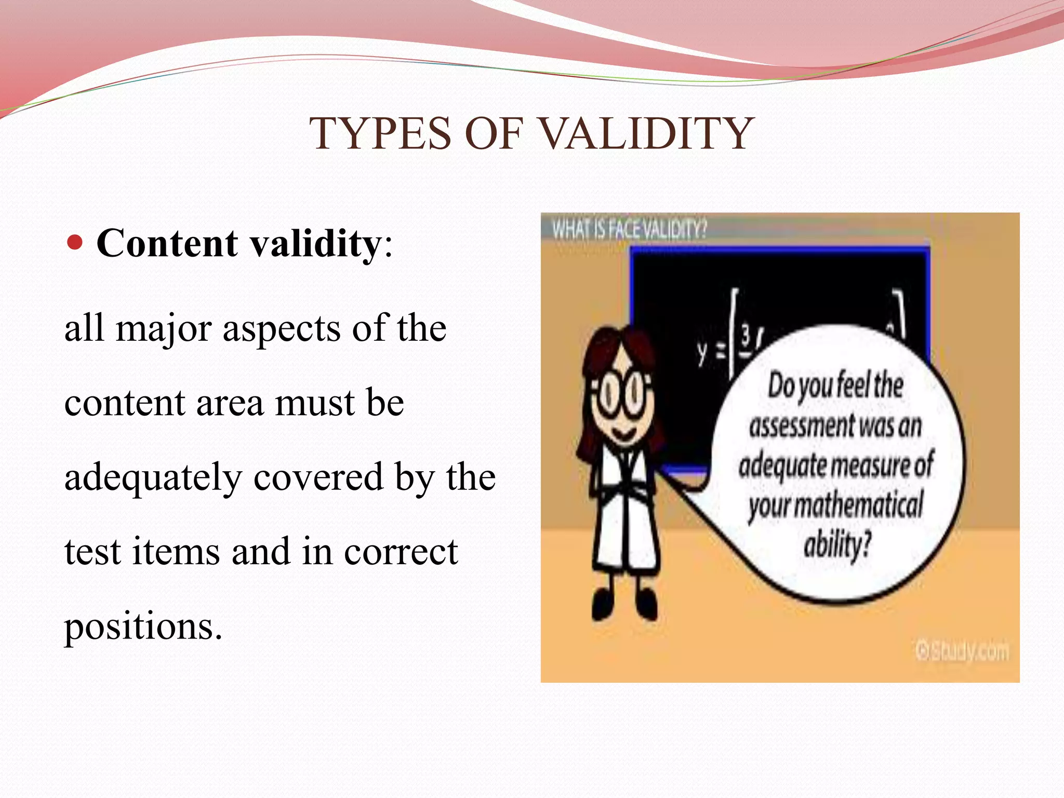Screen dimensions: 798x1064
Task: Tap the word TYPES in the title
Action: coord(380,134)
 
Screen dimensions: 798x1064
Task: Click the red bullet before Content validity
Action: coord(75,242)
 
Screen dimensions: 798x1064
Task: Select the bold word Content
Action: coord(167,243)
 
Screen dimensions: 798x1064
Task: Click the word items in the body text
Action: coord(177,552)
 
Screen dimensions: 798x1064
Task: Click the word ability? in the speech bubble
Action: coord(837,546)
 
